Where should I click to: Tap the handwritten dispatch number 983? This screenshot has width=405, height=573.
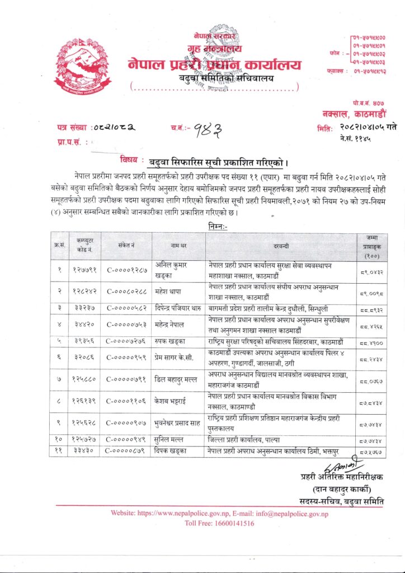(x=205, y=130)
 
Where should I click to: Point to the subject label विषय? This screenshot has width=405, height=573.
(x=131, y=159)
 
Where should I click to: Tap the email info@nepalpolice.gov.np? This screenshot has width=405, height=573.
(x=295, y=513)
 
